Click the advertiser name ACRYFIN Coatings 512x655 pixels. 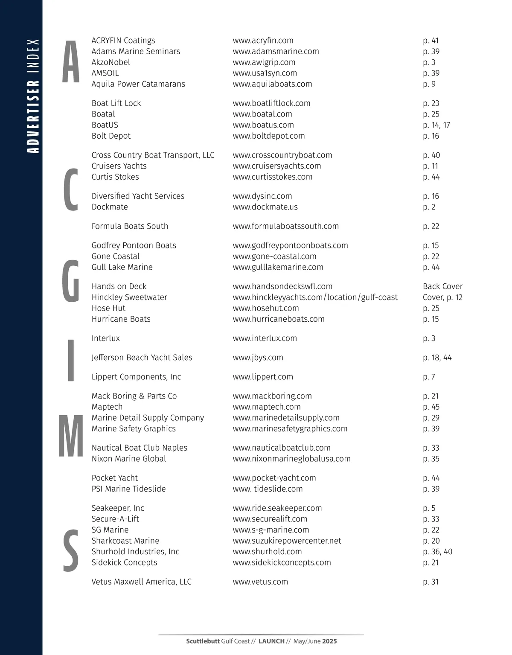(x=123, y=41)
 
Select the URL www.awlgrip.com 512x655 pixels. (x=264, y=62)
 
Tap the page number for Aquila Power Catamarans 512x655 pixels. (x=429, y=84)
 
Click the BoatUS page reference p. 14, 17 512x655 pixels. (x=436, y=125)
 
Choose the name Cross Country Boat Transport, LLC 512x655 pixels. (x=153, y=155)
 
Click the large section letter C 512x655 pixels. (x=71, y=190)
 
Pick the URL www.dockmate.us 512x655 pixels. (x=265, y=207)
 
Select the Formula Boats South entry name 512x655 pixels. (x=130, y=226)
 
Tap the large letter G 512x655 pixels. (x=71, y=281)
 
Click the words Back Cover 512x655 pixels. (x=442, y=286)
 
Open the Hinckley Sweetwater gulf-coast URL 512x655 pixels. (x=315, y=297)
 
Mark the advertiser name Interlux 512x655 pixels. (x=105, y=338)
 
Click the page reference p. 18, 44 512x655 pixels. (x=437, y=358)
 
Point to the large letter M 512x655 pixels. (x=71, y=436)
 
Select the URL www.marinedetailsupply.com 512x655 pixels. (x=286, y=418)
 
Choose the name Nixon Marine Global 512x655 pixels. (x=129, y=459)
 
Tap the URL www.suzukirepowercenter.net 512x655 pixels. (x=287, y=541)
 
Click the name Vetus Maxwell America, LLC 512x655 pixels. (x=141, y=582)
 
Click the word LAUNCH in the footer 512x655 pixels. (x=271, y=641)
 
